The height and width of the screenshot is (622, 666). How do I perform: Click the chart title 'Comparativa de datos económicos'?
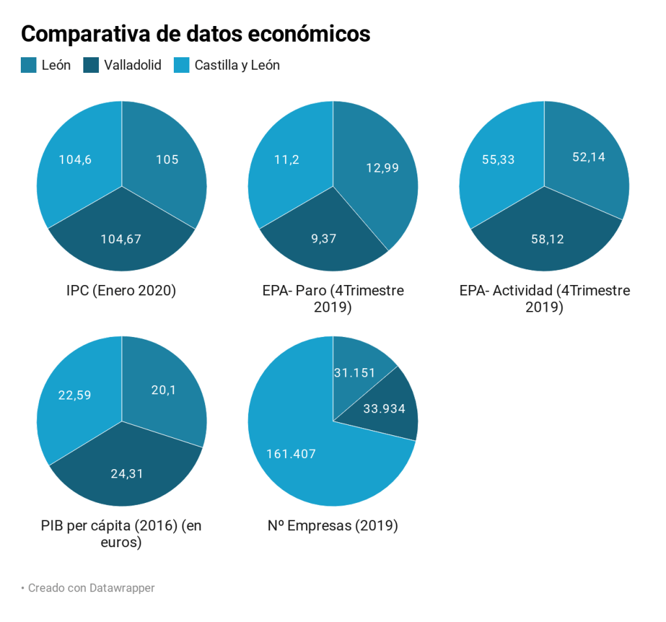195,33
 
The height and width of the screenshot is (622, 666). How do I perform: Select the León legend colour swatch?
28,65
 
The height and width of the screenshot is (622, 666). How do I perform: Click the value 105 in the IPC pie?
167,159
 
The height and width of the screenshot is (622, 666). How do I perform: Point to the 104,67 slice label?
121,239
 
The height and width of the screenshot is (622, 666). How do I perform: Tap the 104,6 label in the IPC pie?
75,159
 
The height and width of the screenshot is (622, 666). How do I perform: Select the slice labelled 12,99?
382,167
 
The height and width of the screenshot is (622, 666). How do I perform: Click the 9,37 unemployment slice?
324,238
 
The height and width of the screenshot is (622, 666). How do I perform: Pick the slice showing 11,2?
286,160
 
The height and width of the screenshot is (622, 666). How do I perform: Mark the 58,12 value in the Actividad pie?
547,239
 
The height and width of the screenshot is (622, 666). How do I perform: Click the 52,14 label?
589,157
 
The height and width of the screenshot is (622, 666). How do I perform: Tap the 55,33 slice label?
498,159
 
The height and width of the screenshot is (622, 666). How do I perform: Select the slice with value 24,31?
127,474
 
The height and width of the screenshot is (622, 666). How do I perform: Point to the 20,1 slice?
163,390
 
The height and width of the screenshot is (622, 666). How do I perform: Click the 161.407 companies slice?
291,453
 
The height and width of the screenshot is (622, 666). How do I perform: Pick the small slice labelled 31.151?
355,373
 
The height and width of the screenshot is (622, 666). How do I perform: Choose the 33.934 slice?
384,409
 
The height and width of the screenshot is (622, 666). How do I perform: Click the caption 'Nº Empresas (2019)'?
333,525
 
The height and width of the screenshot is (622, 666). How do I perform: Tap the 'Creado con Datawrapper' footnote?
91,588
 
